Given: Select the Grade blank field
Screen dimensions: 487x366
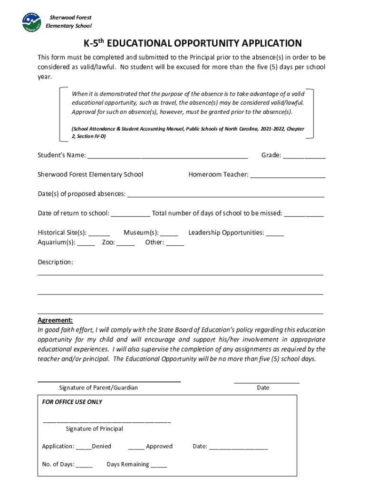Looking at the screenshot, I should point(304,156).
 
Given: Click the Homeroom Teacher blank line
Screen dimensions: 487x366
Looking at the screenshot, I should point(288,175).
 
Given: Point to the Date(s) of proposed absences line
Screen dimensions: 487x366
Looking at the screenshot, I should point(226,195).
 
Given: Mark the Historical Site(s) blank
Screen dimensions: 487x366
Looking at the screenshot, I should point(99,233).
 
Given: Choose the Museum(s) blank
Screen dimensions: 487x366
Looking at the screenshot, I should point(169,233).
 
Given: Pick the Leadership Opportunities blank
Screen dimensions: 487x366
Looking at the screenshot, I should point(275,233).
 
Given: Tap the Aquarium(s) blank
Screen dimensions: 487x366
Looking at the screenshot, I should point(86,243).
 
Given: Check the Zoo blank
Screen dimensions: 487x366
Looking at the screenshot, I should point(125,243).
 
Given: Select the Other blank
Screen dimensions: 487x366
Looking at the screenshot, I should point(175,243).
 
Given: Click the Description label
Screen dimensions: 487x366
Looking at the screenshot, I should point(55,263).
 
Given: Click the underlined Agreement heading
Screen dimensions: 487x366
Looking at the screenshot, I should point(55,321).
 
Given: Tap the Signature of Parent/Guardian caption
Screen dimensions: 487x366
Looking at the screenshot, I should point(98,388).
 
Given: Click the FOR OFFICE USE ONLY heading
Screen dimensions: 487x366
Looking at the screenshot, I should point(72,402).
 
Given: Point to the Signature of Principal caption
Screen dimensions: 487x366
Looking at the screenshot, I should point(94,429).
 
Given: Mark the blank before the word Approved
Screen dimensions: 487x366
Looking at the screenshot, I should point(136,447).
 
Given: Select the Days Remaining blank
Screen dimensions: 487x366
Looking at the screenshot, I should point(159,465).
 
